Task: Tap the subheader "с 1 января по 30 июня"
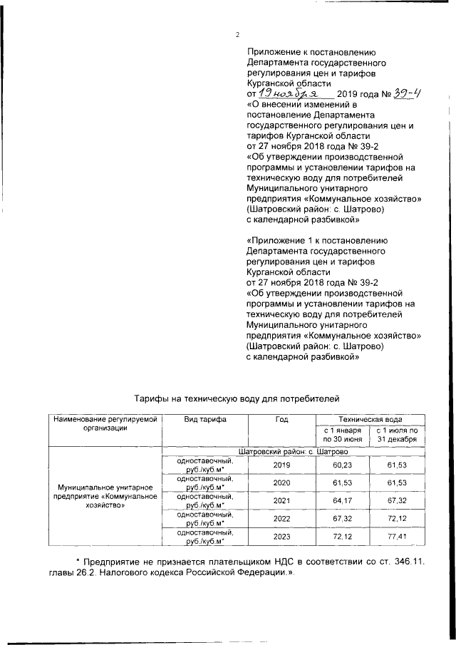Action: pyautogui.click(x=343, y=435)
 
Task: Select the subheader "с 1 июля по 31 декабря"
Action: pyautogui.click(x=398, y=435)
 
